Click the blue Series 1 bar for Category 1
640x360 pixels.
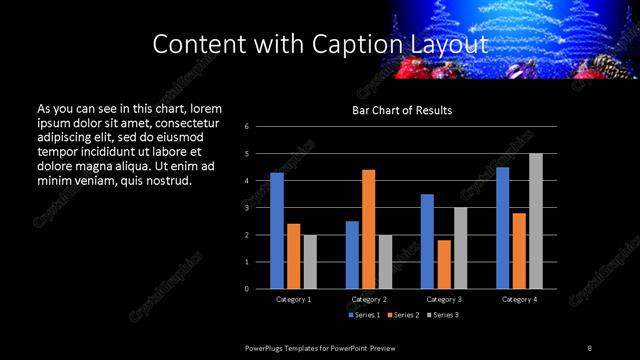[x=277, y=231]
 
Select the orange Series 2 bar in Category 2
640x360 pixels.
[x=368, y=229]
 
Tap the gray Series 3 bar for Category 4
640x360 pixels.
[x=536, y=221]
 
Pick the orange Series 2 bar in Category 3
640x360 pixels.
[x=444, y=264]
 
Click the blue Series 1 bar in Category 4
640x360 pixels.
[x=503, y=228]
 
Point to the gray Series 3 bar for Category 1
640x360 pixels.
[x=310, y=262]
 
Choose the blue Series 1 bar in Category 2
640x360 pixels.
[x=352, y=255]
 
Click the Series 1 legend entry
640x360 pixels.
[x=365, y=315]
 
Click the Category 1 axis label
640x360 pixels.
[x=293, y=299]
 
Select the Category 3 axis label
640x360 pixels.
[x=444, y=299]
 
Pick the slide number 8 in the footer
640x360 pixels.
[x=589, y=347]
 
